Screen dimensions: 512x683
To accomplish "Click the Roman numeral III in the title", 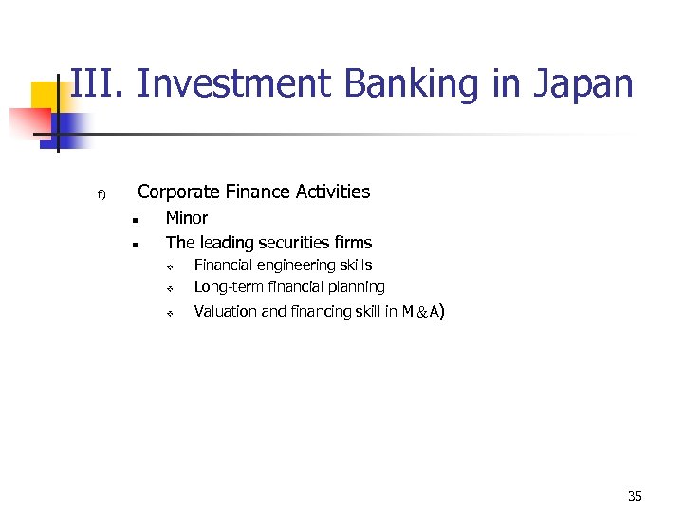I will tap(97, 83).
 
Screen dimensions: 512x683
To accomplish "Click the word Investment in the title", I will tap(235, 83).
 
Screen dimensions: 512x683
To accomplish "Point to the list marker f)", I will tap(101, 195).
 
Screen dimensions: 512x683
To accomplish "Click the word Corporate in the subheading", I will tap(178, 192).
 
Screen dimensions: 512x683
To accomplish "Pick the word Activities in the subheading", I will tap(331, 192).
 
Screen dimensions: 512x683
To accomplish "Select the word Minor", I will tap(187, 218).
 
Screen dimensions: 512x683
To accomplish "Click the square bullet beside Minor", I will tap(136, 220).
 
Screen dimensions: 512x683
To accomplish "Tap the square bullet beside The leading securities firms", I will tap(136, 245).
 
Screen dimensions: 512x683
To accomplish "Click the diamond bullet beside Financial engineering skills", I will tap(165, 266).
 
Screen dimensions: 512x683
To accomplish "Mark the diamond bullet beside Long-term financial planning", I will tap(165, 288).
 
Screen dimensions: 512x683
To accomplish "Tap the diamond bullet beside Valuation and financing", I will tap(165, 313).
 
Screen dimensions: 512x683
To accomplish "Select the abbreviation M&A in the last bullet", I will tap(420, 312).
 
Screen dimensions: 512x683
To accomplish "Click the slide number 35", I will tap(635, 496).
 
